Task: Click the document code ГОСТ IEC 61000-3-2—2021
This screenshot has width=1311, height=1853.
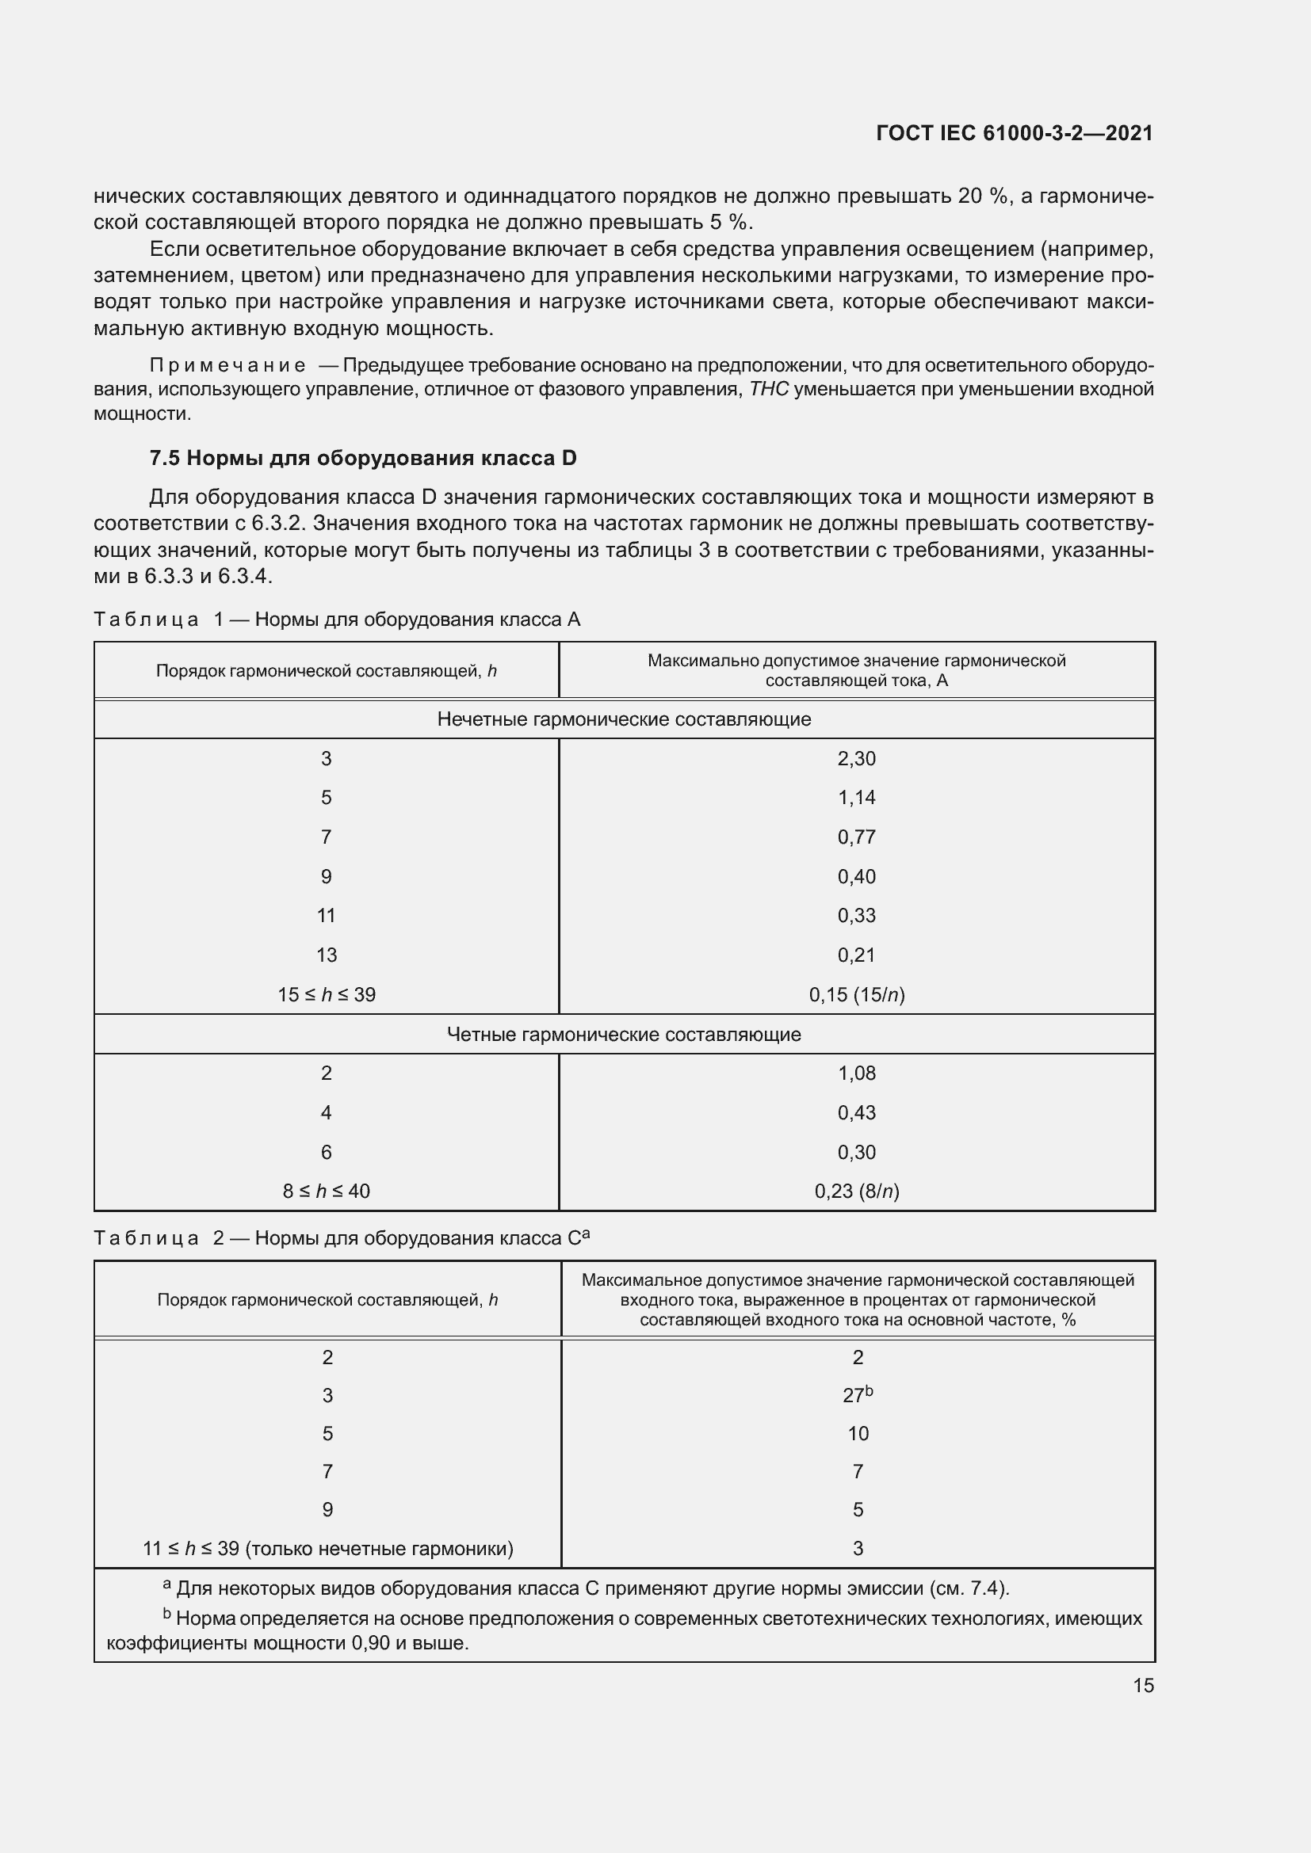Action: click(1014, 133)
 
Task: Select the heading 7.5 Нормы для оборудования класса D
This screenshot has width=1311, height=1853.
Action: click(362, 459)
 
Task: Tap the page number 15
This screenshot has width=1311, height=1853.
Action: click(1143, 1686)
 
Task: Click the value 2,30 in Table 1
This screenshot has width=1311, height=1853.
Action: click(856, 759)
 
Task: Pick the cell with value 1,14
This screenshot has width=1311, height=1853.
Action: click(856, 799)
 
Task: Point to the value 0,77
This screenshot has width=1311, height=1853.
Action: click(856, 837)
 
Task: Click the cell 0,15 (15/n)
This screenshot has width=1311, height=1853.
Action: click(856, 994)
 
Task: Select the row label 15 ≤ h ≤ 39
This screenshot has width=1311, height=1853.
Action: click(326, 994)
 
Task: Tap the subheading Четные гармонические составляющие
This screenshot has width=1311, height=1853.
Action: click(623, 1035)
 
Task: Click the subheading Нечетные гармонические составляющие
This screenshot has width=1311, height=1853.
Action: click(623, 719)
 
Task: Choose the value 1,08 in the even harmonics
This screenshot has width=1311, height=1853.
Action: click(856, 1073)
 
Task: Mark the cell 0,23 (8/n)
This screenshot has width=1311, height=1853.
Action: click(856, 1191)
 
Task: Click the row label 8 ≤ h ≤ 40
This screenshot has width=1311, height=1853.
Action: click(326, 1191)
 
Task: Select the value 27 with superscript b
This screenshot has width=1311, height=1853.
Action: click(857, 1395)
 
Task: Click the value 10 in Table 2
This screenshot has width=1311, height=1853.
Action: click(858, 1434)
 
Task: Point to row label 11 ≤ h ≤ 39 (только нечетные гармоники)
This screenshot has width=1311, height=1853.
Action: click(328, 1549)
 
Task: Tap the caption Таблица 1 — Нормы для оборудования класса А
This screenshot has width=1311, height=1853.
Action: click(337, 619)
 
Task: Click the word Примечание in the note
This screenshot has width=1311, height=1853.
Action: click(227, 365)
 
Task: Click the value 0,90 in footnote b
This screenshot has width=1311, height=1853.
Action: click(371, 1643)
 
